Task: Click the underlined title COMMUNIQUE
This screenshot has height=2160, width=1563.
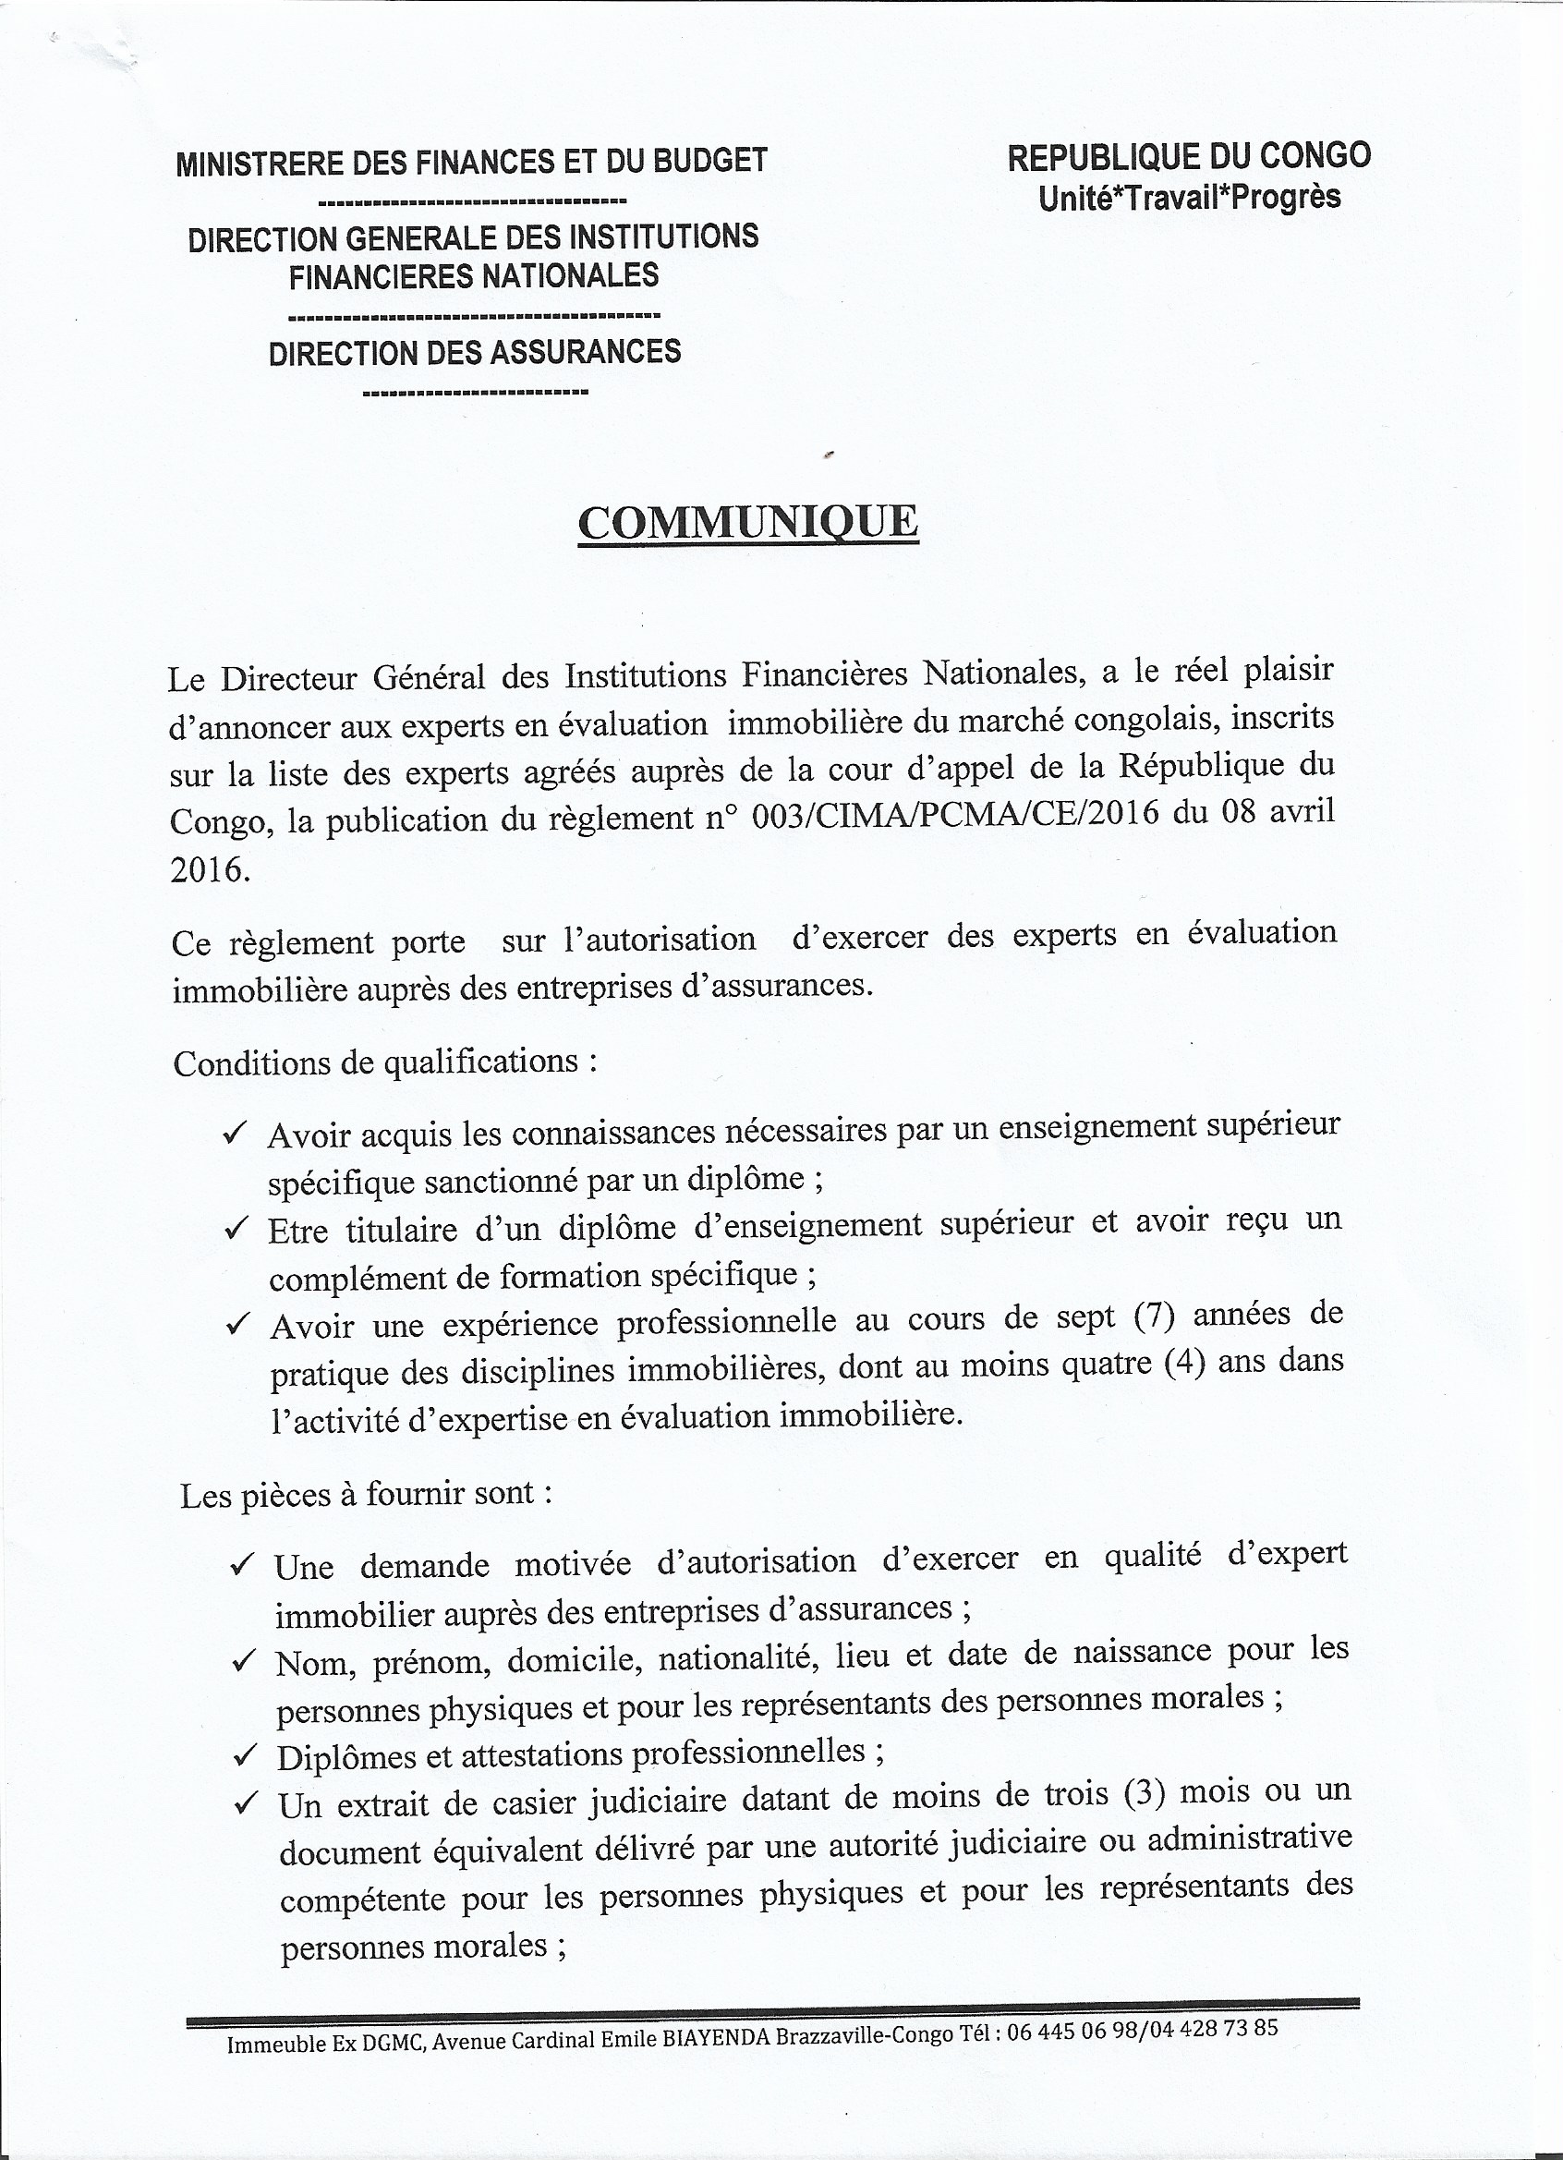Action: click(x=747, y=523)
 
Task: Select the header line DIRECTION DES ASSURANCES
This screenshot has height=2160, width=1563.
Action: click(x=474, y=352)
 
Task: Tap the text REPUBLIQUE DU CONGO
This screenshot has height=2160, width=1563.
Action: click(x=1189, y=156)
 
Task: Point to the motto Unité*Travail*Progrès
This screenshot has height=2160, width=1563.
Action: click(x=1189, y=197)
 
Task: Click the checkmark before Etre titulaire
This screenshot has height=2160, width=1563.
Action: click(x=236, y=1229)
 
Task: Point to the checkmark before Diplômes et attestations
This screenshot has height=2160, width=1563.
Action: click(x=245, y=1753)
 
